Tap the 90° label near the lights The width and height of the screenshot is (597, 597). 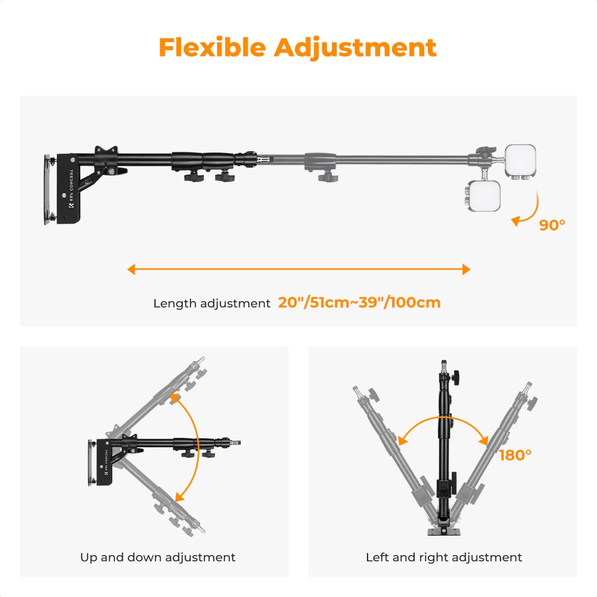tap(552, 225)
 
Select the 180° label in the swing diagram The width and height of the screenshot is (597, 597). tap(515, 455)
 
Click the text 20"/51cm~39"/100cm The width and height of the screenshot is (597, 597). tap(359, 302)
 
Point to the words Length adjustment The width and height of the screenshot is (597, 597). tap(211, 303)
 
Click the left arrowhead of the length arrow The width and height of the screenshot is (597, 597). tap(131, 270)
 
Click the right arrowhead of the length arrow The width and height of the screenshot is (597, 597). tap(466, 270)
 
